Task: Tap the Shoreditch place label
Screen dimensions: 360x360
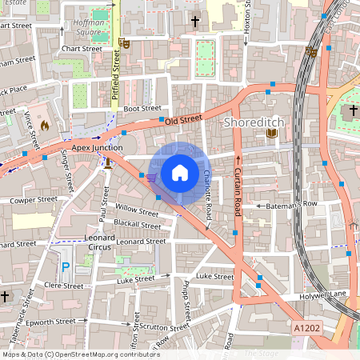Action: coord(252,122)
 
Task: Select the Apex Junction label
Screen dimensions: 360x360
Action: coord(97,147)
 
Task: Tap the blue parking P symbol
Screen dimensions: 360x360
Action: coord(66,267)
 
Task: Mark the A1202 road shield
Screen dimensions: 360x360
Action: coord(306,328)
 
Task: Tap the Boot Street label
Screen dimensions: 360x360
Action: coord(142,108)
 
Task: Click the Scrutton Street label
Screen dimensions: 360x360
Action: coord(164,327)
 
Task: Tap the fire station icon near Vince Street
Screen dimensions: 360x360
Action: coord(44,126)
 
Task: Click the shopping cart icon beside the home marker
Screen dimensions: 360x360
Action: coord(152,177)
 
